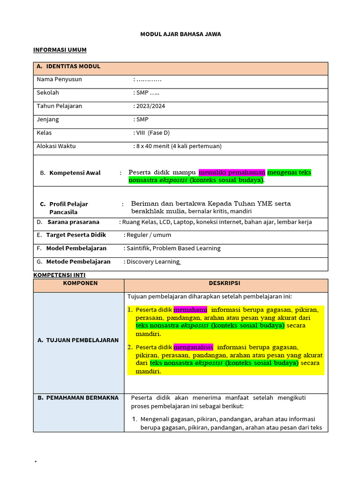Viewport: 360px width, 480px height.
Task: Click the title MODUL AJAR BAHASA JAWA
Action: pos(180,34)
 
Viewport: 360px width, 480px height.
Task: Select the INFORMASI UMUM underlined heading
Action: pos(60,50)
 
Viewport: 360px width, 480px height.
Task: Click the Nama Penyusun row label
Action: pos(59,79)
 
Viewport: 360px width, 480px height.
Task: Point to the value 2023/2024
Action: pos(150,106)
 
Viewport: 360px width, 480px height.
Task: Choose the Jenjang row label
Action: pos(48,120)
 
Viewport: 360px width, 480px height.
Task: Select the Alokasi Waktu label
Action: pos(56,146)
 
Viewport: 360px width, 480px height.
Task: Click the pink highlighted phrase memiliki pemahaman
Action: pos(232,172)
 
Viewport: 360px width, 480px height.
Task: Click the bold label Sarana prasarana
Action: pos(73,222)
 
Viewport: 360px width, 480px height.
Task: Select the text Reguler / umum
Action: pos(149,235)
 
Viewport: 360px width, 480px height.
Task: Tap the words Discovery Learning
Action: pos(153,262)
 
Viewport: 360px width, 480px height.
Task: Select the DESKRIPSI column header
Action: pos(225,283)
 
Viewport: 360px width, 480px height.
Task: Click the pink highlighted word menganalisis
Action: pos(193,347)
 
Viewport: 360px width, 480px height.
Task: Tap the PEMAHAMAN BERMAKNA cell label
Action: pos(78,398)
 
